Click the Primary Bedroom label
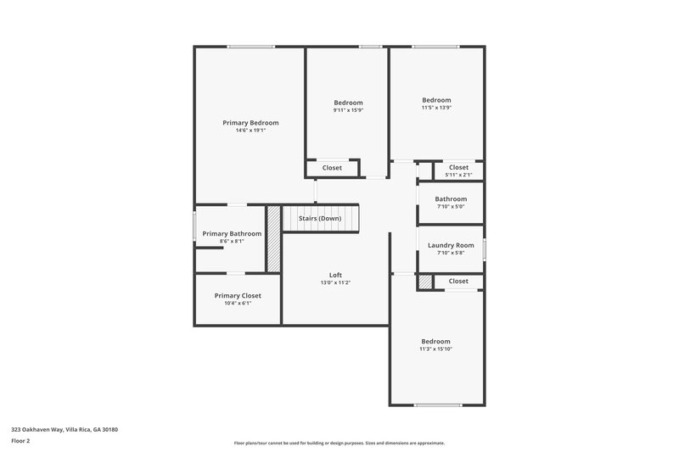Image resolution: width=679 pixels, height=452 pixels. pos(250,123)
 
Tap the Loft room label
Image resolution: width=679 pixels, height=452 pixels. pos(335,275)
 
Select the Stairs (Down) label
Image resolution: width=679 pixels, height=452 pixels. pos(320,218)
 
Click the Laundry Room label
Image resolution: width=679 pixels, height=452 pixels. pos(451,245)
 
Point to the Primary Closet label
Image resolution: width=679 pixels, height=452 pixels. pos(238,295)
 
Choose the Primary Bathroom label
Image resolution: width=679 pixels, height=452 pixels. pos(232,233)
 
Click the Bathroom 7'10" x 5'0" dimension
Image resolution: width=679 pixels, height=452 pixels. pos(451,206)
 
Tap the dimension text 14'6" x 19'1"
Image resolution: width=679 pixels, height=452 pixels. pos(250,131)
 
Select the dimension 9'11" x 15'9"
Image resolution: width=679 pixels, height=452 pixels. pos(348,109)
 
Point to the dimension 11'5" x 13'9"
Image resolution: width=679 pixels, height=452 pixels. pos(436,107)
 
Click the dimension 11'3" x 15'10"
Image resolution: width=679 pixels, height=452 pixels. pos(436,349)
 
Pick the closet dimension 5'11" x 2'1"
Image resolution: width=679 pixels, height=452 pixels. pos(458,175)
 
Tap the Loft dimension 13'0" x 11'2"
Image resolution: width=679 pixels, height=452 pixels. pos(335,282)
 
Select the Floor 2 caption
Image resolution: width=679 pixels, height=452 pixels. pos(20,441)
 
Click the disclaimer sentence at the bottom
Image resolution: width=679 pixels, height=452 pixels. pos(339,443)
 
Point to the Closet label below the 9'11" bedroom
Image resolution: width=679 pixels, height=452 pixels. pos(332,168)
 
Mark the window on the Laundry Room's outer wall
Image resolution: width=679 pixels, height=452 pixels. pos(485,248)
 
